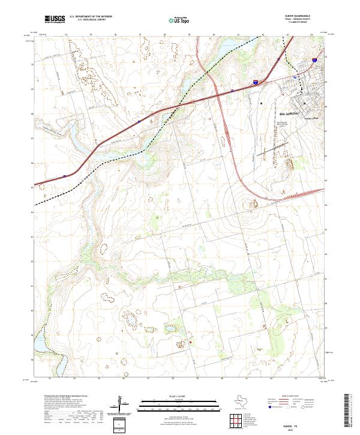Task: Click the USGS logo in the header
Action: tap(54, 20)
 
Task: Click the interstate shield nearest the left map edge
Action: tap(64, 176)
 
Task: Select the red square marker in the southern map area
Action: tap(190, 342)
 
